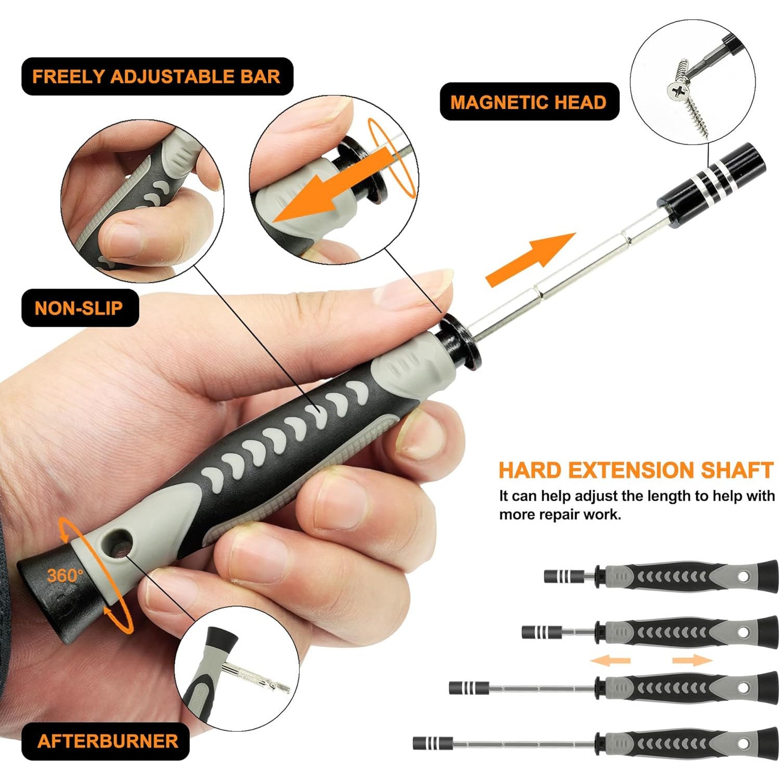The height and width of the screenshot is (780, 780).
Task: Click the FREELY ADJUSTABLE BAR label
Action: (157, 76)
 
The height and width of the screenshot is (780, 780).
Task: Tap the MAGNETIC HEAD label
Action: (529, 102)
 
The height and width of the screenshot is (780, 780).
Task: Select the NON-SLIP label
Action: (79, 308)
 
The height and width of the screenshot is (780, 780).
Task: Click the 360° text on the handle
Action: (65, 575)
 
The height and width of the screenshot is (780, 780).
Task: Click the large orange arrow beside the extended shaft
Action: (530, 258)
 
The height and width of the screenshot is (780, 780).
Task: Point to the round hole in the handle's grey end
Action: (121, 545)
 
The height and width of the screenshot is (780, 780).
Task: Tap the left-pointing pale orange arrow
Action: (610, 660)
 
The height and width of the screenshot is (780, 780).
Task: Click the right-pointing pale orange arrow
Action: (692, 660)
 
